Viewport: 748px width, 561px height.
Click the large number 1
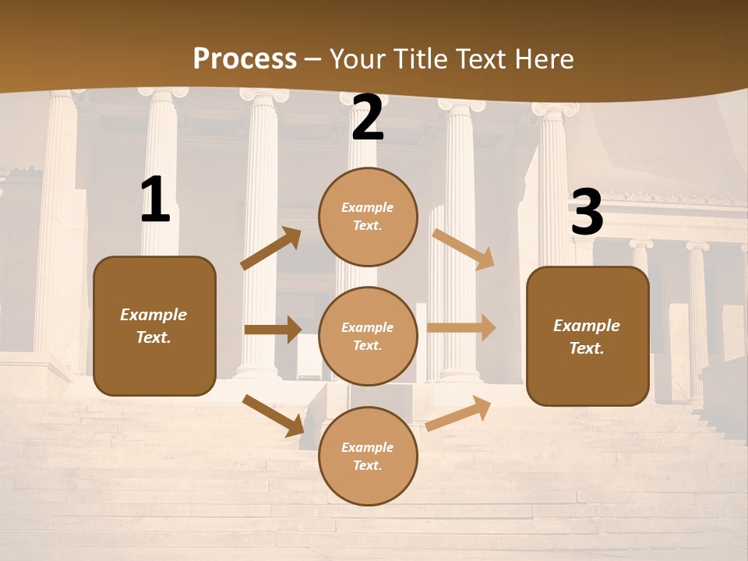click(155, 200)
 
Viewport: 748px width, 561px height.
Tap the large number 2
click(368, 119)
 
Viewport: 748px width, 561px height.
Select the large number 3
click(587, 213)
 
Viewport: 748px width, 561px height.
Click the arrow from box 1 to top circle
click(271, 249)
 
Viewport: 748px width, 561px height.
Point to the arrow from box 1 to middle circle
click(272, 330)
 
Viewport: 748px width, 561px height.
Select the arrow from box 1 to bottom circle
click(273, 415)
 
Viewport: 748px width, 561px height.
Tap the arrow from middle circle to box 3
click(461, 327)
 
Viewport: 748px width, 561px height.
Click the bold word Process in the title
click(245, 58)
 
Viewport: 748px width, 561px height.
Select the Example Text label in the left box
click(153, 326)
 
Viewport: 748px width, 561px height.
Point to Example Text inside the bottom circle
click(368, 456)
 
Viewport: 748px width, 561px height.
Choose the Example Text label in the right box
click(587, 337)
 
